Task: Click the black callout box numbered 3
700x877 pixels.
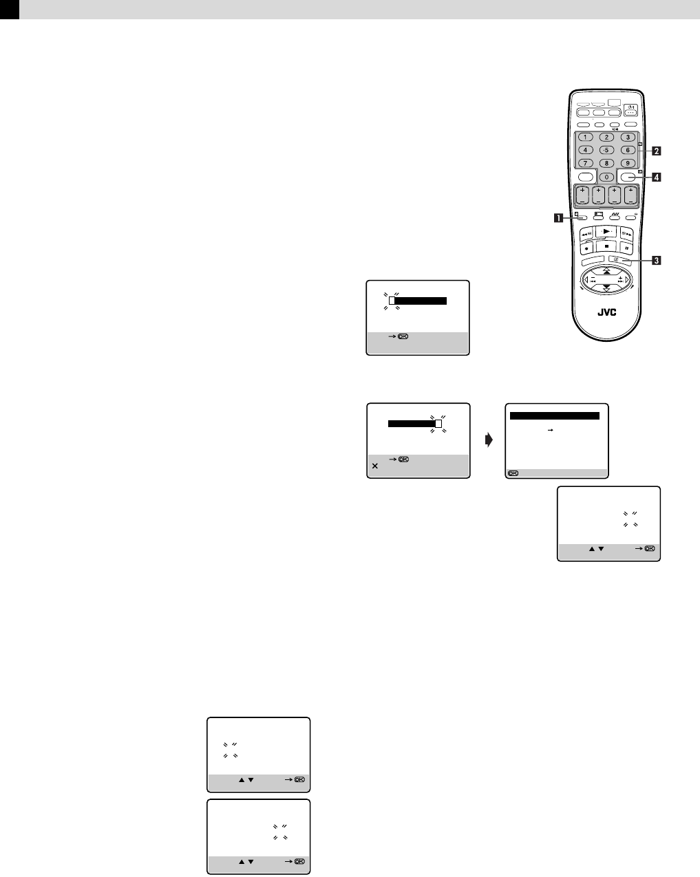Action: coord(657,260)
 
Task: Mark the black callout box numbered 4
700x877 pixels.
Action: coord(657,177)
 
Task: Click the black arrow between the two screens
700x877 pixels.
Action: coord(489,441)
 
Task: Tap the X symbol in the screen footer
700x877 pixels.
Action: coord(374,466)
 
